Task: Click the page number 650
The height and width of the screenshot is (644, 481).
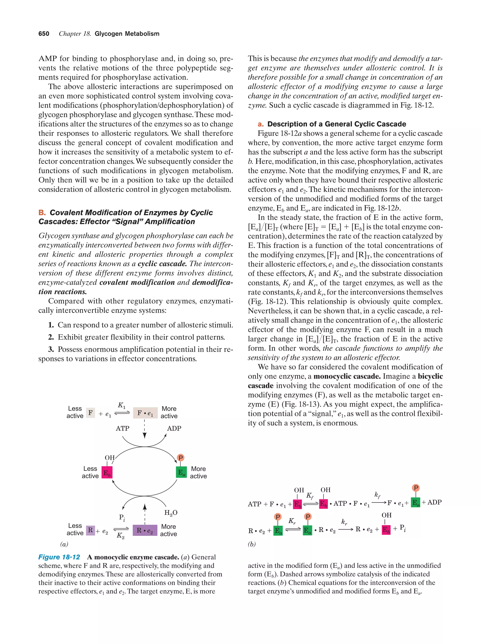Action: coord(44,34)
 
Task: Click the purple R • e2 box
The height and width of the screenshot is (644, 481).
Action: coord(145,531)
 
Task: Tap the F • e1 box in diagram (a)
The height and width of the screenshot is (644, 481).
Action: coord(145,413)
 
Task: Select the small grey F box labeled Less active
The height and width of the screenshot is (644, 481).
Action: coord(90,413)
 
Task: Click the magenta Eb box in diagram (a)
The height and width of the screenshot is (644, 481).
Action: coord(107,472)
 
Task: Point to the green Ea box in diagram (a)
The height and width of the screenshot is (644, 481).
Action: coord(181,472)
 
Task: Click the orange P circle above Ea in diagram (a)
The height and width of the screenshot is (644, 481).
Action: coord(181,458)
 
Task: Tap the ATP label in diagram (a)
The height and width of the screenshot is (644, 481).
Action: coord(123,428)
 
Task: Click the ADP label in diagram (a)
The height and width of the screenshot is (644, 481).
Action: coord(174,428)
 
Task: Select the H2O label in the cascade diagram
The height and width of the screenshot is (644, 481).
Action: coord(171,513)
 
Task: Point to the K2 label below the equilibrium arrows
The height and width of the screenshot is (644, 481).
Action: coord(120,535)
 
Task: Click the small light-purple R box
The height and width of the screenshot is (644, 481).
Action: coord(90,530)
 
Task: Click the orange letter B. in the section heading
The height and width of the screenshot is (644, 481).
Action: coord(42,213)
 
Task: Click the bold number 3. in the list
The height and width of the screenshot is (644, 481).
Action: coord(51,349)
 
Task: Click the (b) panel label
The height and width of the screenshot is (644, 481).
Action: coord(252,544)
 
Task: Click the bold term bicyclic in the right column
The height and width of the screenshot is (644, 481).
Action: coord(430,376)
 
